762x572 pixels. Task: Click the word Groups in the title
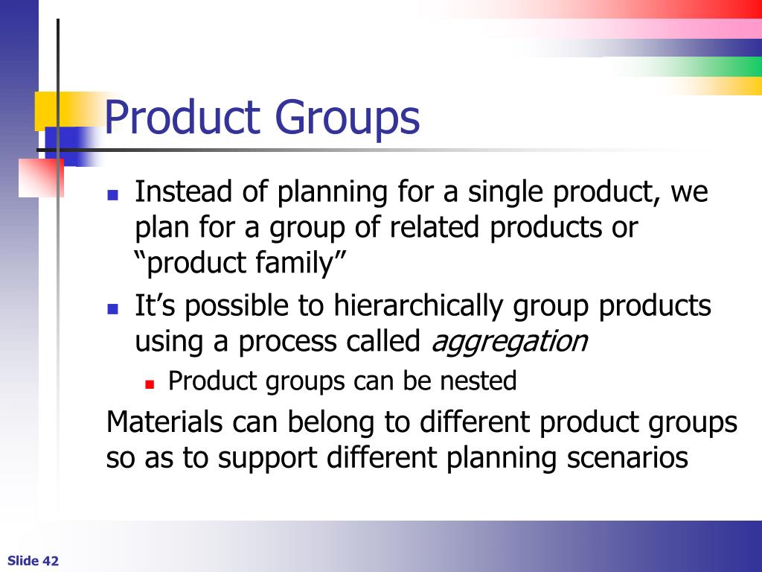coord(348,119)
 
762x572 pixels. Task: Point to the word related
coord(435,228)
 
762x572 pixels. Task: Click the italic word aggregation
coord(509,343)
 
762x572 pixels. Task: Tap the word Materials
coord(164,422)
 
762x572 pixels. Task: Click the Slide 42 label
coord(33,561)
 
